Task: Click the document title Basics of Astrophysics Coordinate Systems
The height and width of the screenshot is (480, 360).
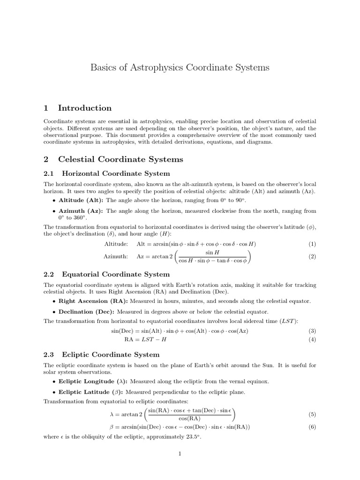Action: (180, 67)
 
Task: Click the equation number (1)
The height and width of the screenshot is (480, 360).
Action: (312, 244)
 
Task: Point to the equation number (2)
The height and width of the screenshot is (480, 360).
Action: (312, 256)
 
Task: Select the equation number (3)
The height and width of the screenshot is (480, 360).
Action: (312, 330)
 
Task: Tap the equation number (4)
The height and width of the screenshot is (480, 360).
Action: (312, 339)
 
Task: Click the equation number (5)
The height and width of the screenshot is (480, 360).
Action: (312, 415)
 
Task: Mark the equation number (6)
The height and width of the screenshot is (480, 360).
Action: (312, 427)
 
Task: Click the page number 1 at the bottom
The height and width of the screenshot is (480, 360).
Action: (180, 453)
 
